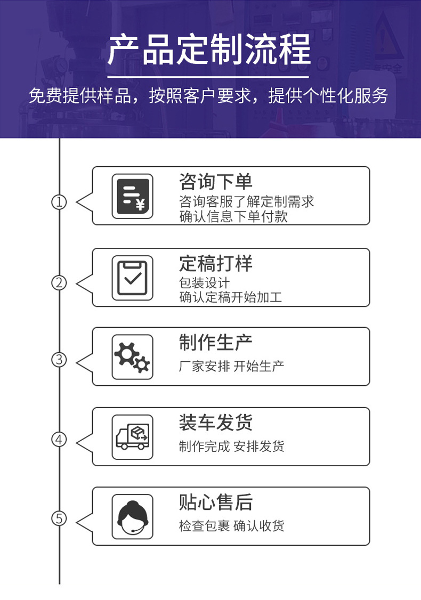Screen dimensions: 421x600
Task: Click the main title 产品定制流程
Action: point(209,49)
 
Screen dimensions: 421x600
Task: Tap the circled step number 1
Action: point(59,201)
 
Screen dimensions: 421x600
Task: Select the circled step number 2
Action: point(59,283)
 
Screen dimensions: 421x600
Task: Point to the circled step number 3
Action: point(59,360)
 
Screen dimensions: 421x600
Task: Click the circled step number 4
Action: point(59,439)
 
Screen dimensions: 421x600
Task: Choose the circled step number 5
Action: point(59,518)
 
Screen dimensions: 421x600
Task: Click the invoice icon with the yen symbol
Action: point(132,196)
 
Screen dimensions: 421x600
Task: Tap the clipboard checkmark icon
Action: point(132,278)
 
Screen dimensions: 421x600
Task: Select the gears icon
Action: point(132,357)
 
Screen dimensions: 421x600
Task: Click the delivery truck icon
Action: point(132,437)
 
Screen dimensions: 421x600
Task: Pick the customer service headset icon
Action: point(132,516)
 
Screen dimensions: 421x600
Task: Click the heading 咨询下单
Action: point(216,181)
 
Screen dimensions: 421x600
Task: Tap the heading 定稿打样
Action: point(216,263)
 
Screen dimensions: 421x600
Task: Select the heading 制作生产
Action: point(216,342)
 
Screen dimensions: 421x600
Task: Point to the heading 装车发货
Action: point(216,423)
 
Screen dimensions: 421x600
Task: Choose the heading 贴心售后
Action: point(216,502)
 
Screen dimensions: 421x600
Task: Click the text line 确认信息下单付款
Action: point(233,216)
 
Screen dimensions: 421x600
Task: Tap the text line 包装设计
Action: point(205,283)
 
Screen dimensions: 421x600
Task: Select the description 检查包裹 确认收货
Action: point(231,526)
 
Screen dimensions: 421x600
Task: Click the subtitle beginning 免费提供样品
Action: point(208,96)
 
